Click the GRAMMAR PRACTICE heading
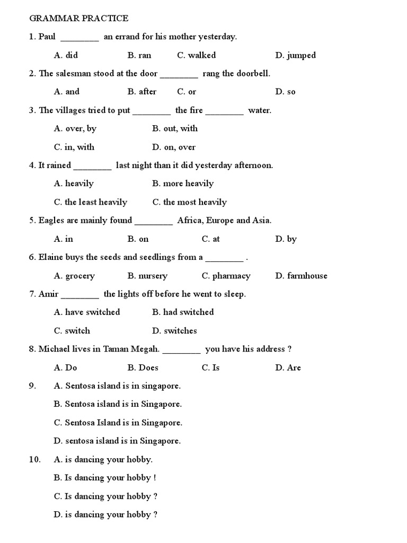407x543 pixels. click(x=78, y=19)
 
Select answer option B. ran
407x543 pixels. click(x=139, y=55)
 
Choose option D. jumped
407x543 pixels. click(x=295, y=55)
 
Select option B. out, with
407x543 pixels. click(x=175, y=128)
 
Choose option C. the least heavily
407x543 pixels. click(x=91, y=202)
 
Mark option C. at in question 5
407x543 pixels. click(x=211, y=239)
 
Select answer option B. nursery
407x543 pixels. click(x=147, y=276)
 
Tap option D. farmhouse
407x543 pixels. click(x=301, y=276)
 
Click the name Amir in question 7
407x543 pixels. click(x=48, y=294)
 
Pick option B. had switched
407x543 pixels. click(x=183, y=312)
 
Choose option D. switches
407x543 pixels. click(x=174, y=331)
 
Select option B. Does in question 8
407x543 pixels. click(x=143, y=367)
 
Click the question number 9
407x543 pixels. click(x=32, y=386)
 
